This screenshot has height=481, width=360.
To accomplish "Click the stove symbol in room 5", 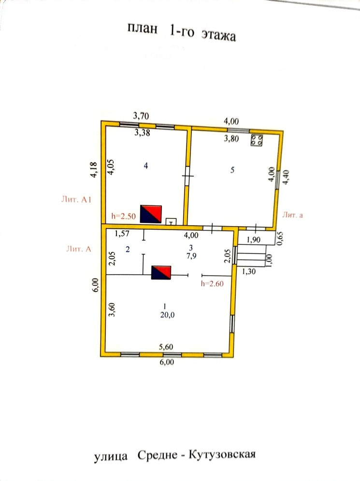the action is pyautogui.click(x=257, y=140).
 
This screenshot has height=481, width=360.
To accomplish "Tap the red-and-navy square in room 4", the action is pyautogui.click(x=151, y=214).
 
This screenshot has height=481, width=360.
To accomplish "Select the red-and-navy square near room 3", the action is pyautogui.click(x=161, y=272).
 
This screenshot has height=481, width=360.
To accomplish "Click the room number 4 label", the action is pyautogui.click(x=145, y=166).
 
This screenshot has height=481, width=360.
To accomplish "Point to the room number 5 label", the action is pyautogui.click(x=232, y=170).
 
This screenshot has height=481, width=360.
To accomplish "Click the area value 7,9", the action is pyautogui.click(x=191, y=256).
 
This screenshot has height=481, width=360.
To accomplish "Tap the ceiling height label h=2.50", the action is pyautogui.click(x=123, y=216).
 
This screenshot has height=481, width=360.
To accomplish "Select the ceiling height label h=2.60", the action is pyautogui.click(x=212, y=283).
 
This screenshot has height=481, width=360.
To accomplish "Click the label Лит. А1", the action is pyautogui.click(x=76, y=199).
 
